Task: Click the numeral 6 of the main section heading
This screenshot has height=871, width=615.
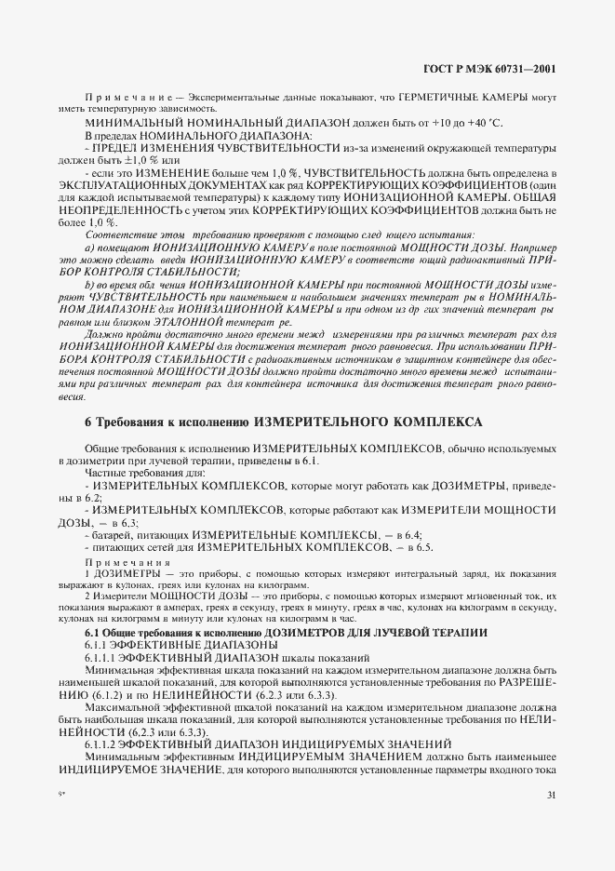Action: pos(88,422)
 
